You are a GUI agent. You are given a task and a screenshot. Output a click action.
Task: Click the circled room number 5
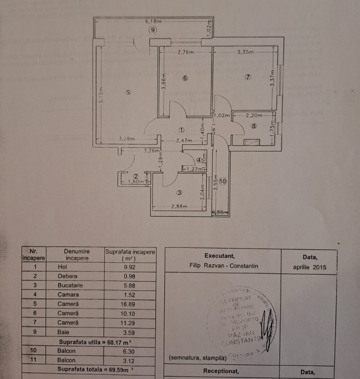[128, 93]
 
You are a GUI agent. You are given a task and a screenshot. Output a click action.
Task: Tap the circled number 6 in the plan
[185, 78]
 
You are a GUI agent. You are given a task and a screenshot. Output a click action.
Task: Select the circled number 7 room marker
[248, 77]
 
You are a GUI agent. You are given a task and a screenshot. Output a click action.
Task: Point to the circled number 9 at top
[153, 31]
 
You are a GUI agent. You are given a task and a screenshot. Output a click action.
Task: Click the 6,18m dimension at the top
[153, 22]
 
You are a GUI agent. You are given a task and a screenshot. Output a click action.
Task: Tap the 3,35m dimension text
[245, 52]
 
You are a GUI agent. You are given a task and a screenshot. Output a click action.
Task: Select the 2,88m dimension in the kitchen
[179, 207]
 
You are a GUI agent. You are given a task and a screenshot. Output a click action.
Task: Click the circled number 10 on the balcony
[223, 181]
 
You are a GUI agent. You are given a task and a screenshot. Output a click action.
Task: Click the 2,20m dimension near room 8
[253, 115]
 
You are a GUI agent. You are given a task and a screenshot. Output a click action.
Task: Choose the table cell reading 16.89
[130, 303]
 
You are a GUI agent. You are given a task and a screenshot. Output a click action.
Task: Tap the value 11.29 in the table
[130, 322]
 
